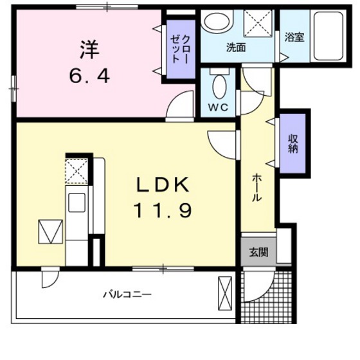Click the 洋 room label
pos(89,48)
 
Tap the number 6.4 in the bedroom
pos(89,76)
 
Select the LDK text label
pos(162,185)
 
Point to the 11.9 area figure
pos(162,211)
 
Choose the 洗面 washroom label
pos(235,47)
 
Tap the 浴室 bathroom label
pos(295,38)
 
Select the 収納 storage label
pos(293,143)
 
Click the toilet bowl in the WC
pos(219,85)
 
